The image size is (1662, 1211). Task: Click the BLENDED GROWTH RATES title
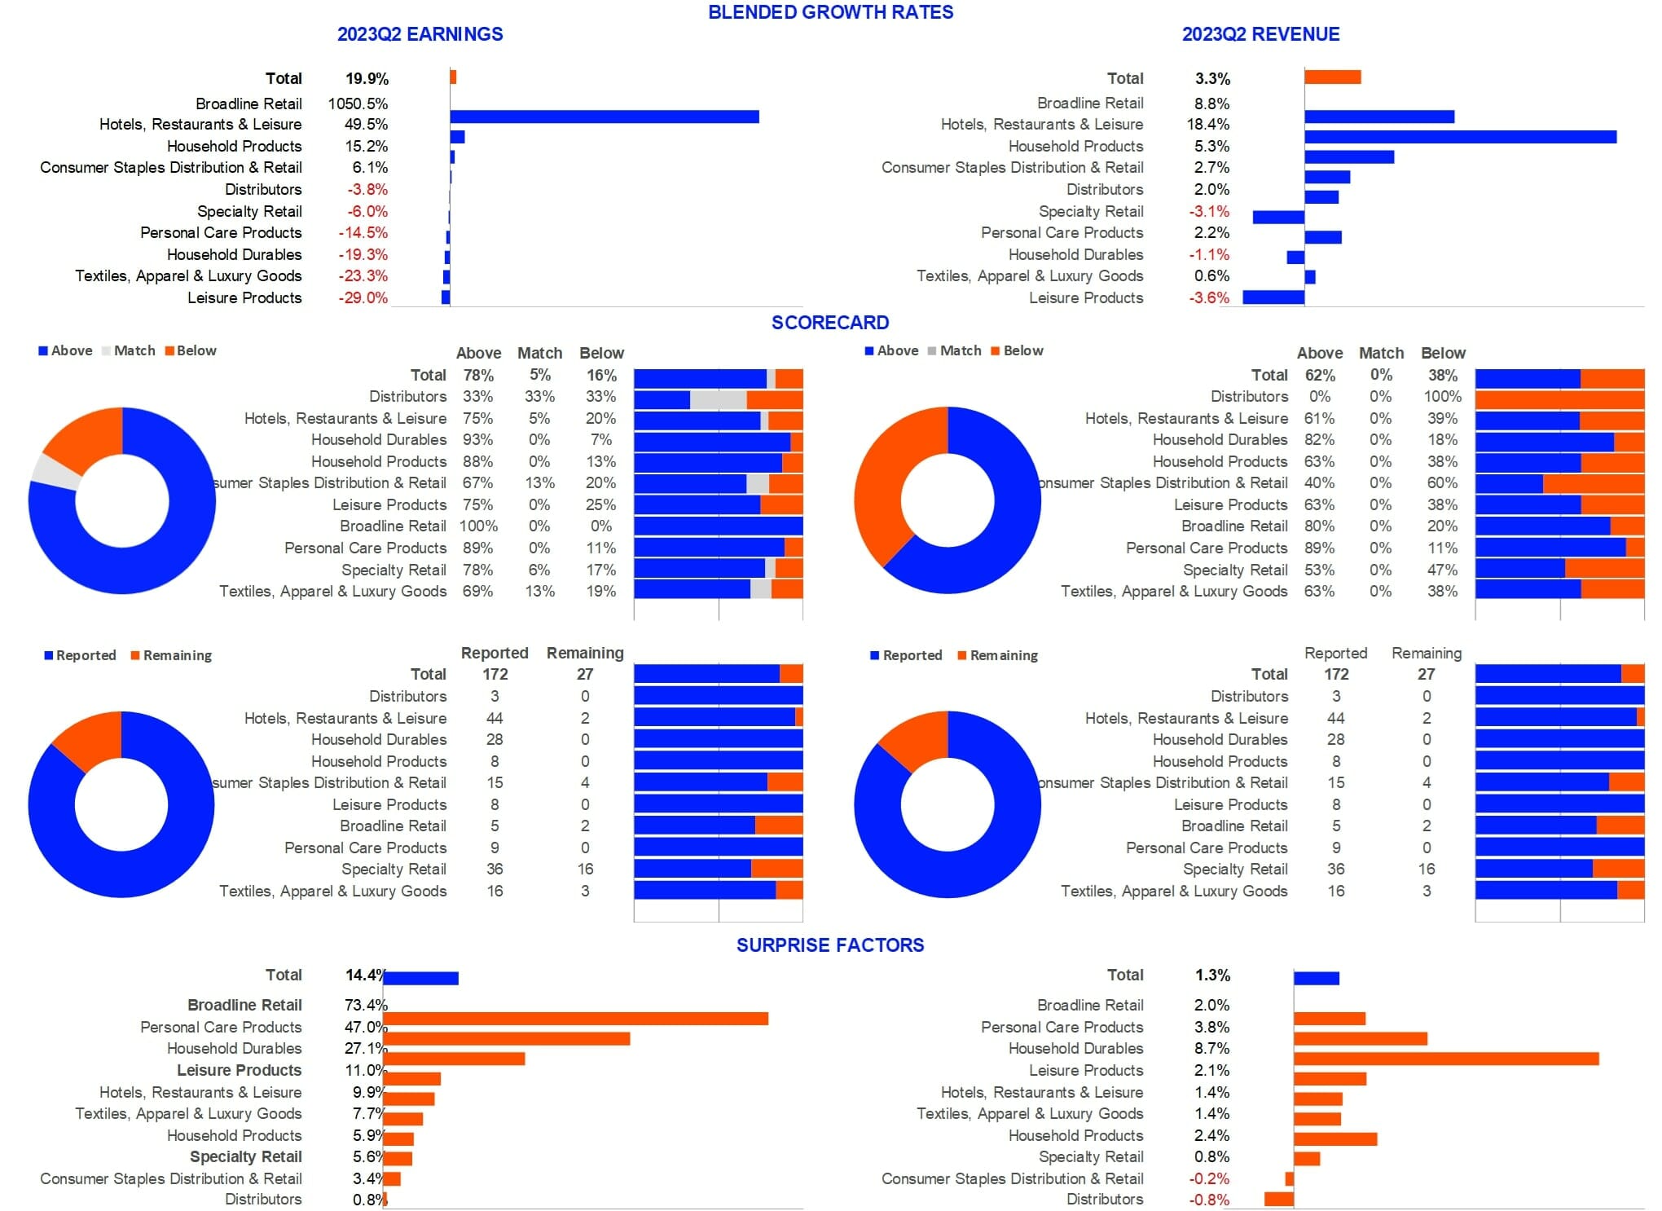pyautogui.click(x=830, y=12)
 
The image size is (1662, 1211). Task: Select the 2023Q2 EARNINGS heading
pyautogui.click(x=420, y=34)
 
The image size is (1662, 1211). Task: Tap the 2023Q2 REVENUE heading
pyautogui.click(x=1260, y=34)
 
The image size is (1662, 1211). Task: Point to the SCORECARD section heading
pyautogui.click(x=830, y=323)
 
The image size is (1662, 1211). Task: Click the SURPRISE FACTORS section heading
pyautogui.click(x=830, y=945)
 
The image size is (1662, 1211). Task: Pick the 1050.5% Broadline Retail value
pyautogui.click(x=358, y=103)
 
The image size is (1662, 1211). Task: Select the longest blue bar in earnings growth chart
pyautogui.click(x=604, y=117)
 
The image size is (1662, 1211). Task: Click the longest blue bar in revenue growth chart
pyautogui.click(x=1460, y=136)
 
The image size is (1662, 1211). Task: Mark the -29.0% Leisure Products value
pyautogui.click(x=363, y=298)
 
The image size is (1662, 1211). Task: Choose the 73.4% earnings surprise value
pyautogui.click(x=366, y=1005)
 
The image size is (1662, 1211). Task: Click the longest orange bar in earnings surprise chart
pyautogui.click(x=575, y=1019)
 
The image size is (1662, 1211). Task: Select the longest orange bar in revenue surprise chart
pyautogui.click(x=1446, y=1059)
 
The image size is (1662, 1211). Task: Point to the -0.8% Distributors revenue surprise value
pyautogui.click(x=1209, y=1200)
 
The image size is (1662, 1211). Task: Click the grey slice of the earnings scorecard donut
pyautogui.click(x=55, y=470)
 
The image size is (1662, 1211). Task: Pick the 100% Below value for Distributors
pyautogui.click(x=1442, y=397)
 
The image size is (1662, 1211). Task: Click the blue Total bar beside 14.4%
pyautogui.click(x=421, y=978)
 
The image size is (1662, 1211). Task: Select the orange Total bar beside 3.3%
pyautogui.click(x=1332, y=77)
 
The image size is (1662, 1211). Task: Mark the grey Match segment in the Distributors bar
pyautogui.click(x=718, y=399)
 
